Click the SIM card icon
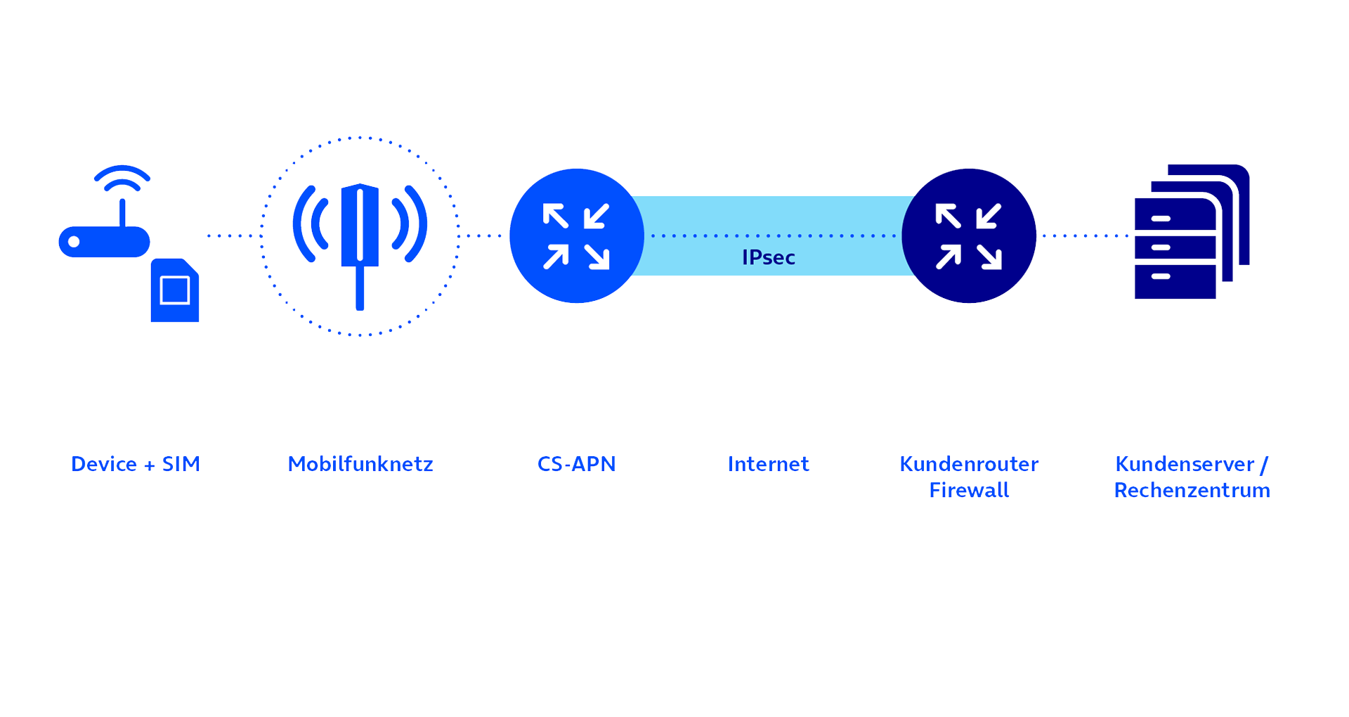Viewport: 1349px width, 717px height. pos(175,290)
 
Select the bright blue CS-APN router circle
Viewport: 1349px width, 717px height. pos(577,235)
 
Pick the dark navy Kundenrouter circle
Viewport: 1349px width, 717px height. pos(969,235)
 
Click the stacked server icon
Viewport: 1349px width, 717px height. pos(1192,232)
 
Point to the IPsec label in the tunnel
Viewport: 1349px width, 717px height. pos(769,257)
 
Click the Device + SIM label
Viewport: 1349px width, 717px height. pos(136,464)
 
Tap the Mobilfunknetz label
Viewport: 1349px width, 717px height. pos(360,464)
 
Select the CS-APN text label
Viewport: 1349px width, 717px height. pos(577,464)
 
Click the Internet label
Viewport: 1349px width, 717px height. pos(769,464)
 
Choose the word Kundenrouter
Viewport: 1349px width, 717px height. pos(969,464)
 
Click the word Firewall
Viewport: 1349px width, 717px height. pos(969,490)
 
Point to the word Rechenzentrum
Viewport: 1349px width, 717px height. pos(1192,490)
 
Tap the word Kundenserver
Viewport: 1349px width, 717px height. pos(1185,464)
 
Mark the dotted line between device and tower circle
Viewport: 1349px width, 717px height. pos(230,235)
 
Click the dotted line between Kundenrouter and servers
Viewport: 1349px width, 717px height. pos(1086,235)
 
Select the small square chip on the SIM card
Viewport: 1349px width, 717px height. pos(175,290)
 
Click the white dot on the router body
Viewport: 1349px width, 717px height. pos(74,242)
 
